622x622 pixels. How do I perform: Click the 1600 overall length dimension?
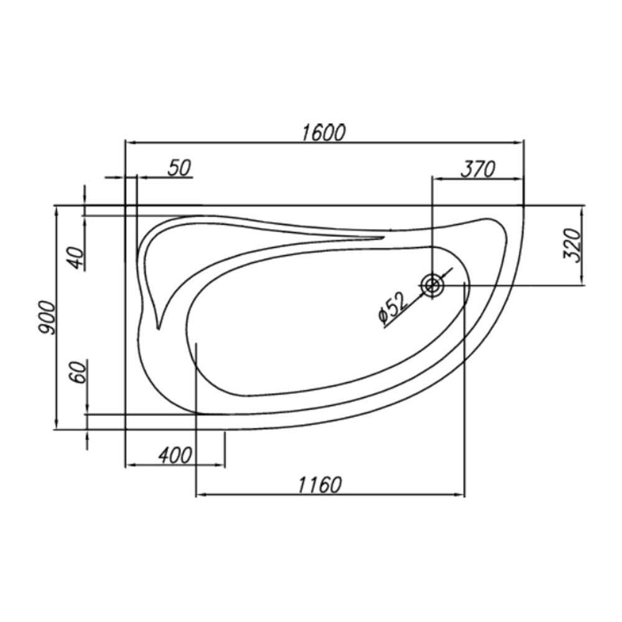[323, 132]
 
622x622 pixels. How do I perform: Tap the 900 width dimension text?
[46, 317]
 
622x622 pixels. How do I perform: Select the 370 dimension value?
[478, 170]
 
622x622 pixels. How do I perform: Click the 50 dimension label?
[180, 168]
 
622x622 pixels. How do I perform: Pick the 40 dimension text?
[78, 258]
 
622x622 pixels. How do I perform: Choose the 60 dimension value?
[78, 372]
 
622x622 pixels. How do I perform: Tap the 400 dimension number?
[175, 455]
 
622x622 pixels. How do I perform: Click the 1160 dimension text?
[320, 485]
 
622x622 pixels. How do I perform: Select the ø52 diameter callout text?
[392, 309]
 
